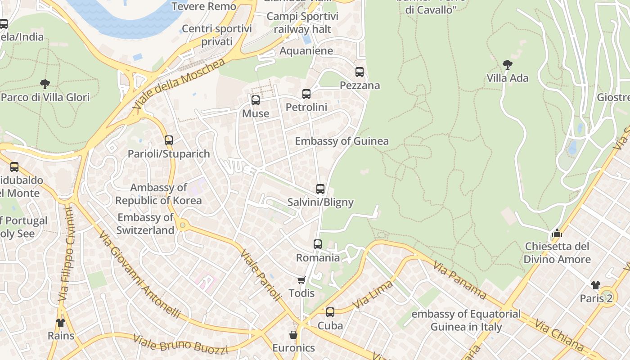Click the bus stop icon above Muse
pos(256,100)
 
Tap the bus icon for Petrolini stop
pos(306,94)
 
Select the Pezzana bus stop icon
pos(359,72)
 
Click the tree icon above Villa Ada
pos(507,65)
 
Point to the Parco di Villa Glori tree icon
pos(45,84)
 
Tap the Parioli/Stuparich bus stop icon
pos(169,140)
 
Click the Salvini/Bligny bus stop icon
pos(320,189)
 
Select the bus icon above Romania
pos(318,244)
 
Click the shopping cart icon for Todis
pos(301,280)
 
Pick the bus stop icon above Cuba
pos(330,312)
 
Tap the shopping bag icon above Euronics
pos(293,335)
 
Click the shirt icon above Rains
pos(61,322)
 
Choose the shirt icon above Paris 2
pos(596,285)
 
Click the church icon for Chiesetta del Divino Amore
pos(557,233)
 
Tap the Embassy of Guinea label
pos(342,141)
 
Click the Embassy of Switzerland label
pos(145,224)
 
